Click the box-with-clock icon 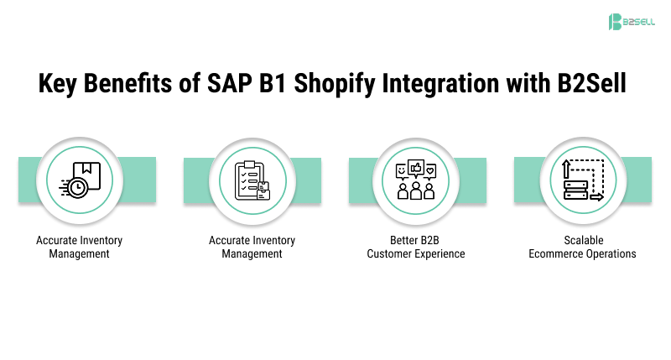80,181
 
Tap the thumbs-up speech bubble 416,167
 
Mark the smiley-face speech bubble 401,170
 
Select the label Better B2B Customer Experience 416,247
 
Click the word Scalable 582,240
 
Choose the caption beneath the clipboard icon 252,247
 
